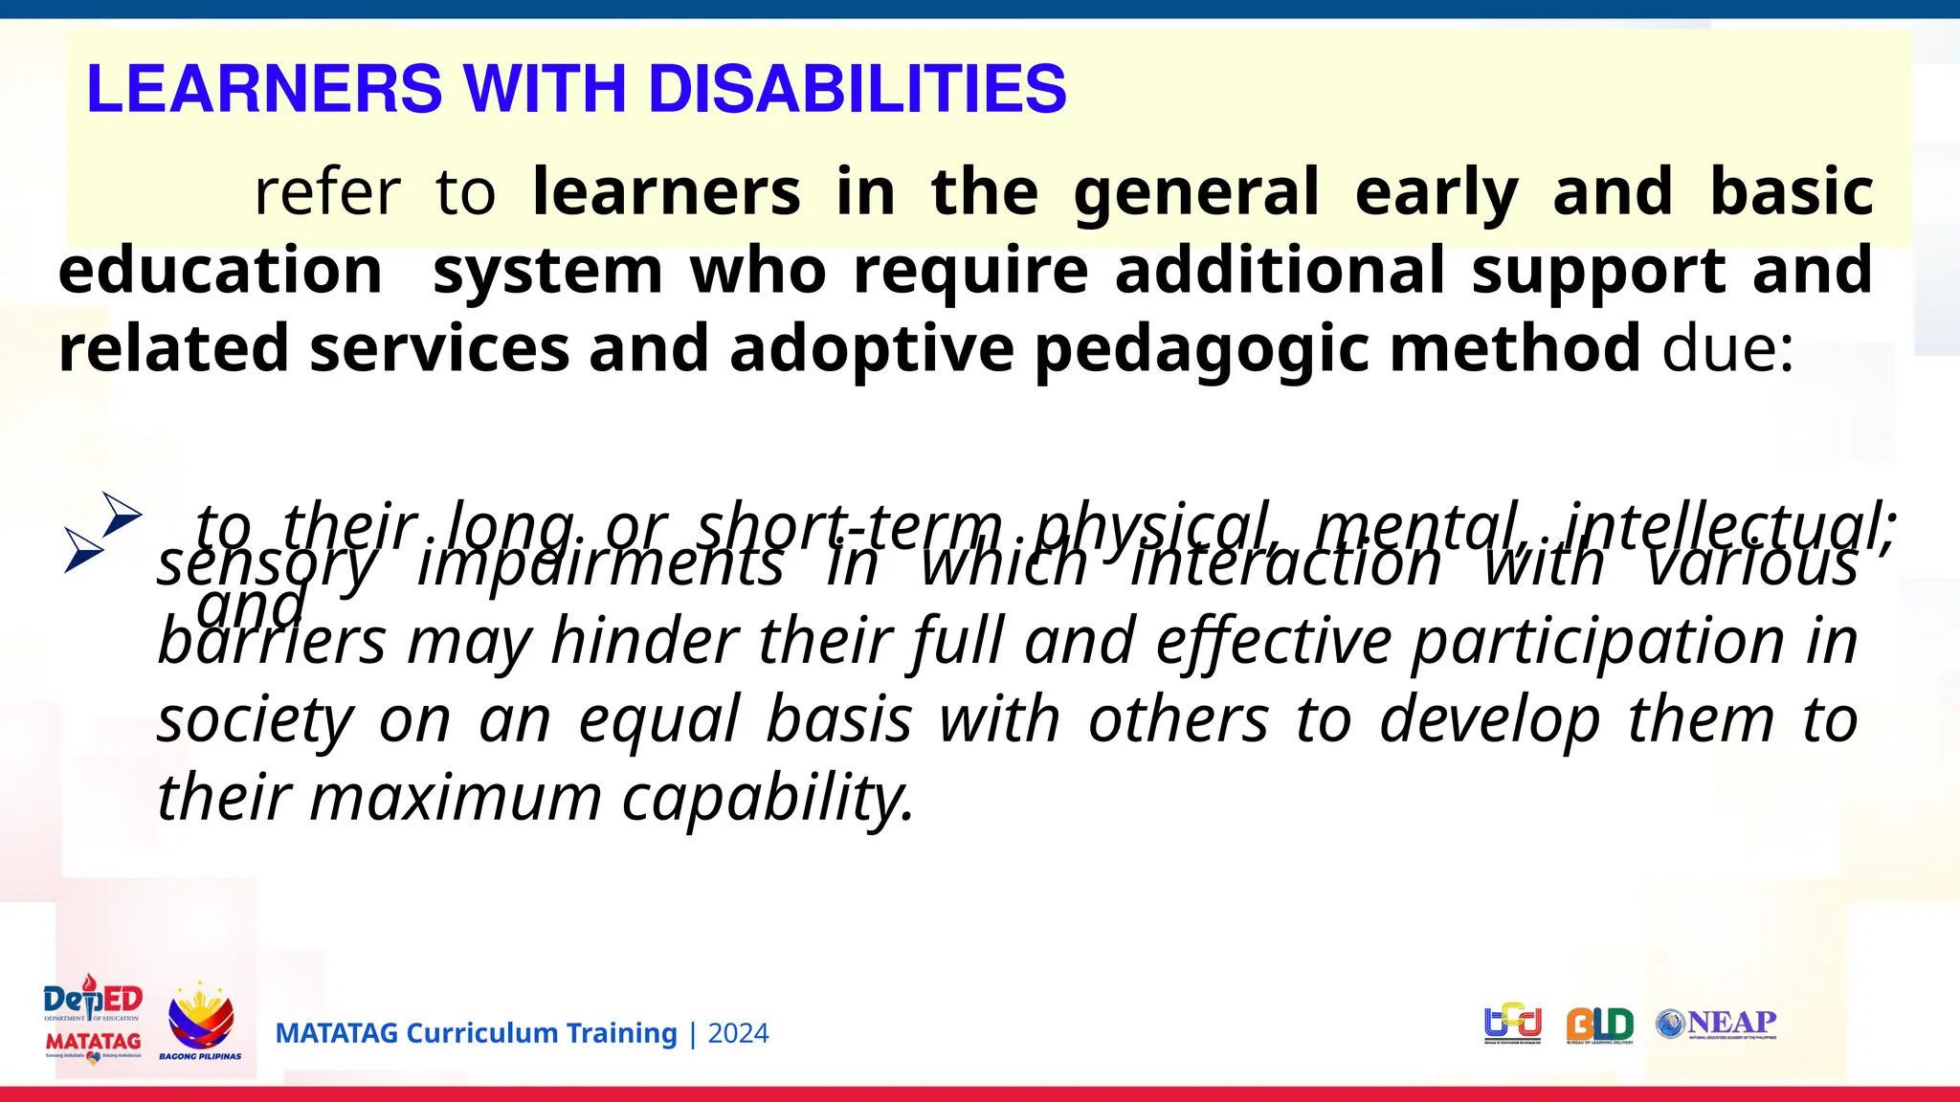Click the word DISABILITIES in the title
click(x=857, y=89)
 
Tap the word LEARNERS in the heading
click(x=264, y=89)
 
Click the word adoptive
click(x=871, y=349)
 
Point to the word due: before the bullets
click(x=1728, y=349)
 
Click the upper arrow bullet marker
click(x=122, y=515)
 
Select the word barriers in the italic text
click(x=272, y=641)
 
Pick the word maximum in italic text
click(x=456, y=798)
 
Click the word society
click(x=255, y=719)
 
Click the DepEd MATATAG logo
click(x=93, y=1021)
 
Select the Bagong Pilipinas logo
click(x=200, y=1021)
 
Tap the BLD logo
click(x=1599, y=1025)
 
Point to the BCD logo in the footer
click(x=1512, y=1025)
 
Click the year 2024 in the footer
click(x=738, y=1034)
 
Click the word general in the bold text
click(x=1195, y=192)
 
